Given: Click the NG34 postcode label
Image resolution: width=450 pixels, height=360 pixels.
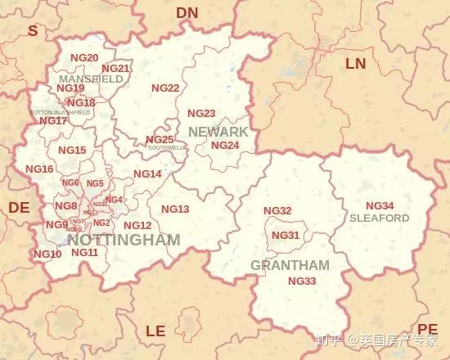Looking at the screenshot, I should tap(379, 205).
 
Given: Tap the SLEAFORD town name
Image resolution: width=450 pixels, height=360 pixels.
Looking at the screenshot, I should tap(379, 218).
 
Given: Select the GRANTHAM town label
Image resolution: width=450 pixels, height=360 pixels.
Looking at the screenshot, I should tap(290, 265).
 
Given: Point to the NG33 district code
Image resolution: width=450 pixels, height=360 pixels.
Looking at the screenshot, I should tap(302, 281).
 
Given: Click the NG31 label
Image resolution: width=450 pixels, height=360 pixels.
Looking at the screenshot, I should tap(285, 236).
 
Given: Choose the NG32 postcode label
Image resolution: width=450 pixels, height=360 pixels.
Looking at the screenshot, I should tap(277, 211).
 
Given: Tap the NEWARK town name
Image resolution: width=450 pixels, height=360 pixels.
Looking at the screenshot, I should tap(218, 132).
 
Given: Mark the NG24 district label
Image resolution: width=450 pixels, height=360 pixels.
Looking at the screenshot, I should tap(225, 146).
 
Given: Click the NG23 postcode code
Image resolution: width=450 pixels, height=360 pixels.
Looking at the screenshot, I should tap(201, 114).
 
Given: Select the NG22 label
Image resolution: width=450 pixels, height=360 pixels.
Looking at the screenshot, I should tap(165, 88).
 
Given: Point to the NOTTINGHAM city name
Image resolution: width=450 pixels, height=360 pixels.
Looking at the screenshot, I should tap(124, 241).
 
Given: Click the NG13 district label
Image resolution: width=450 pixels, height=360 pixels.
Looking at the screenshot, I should tap(175, 209).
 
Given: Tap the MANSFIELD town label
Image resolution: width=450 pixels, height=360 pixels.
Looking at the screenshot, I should tap(91, 79).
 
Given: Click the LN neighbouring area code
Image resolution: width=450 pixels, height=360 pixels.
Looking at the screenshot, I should tap(356, 63).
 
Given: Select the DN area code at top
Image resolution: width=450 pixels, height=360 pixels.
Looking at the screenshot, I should tap(187, 12).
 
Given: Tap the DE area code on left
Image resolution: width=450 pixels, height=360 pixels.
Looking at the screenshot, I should tap(19, 208).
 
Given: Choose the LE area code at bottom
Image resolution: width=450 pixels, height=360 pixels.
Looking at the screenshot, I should tap(155, 331).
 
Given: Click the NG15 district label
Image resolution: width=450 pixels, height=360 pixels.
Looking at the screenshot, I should tap(72, 151).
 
